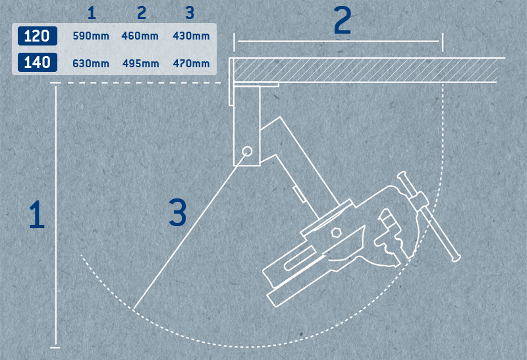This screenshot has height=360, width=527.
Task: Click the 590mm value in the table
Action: pyautogui.click(x=91, y=36)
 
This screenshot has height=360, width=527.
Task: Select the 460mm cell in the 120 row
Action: pyautogui.click(x=140, y=36)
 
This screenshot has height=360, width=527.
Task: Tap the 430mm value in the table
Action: pyautogui.click(x=191, y=36)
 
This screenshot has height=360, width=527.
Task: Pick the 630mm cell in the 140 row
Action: pyautogui.click(x=91, y=63)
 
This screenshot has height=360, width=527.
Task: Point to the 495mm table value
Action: pyautogui.click(x=140, y=63)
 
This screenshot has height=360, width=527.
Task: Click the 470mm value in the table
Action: pyautogui.click(x=191, y=63)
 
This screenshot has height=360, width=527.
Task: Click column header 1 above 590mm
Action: pyautogui.click(x=91, y=12)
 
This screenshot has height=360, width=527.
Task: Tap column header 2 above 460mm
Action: pyautogui.click(x=140, y=12)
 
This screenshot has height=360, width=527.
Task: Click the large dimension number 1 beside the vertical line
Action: pyautogui.click(x=36, y=215)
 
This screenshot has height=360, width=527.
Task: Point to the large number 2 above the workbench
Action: pyautogui.click(x=342, y=22)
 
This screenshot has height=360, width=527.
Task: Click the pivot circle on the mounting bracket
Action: pyautogui.click(x=247, y=151)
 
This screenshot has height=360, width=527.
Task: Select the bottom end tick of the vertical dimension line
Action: pyautogui.click(x=55, y=346)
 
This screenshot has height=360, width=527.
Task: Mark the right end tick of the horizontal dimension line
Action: pyautogui.click(x=442, y=42)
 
